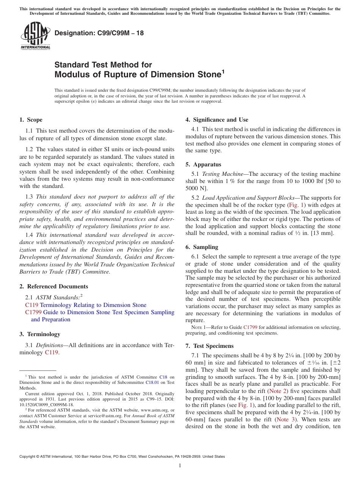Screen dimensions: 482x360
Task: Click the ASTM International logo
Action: (35, 36)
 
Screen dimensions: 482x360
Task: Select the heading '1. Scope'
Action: (31, 120)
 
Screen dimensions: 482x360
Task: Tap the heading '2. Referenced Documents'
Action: (53, 286)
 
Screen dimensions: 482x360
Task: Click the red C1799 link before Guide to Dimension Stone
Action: (33, 312)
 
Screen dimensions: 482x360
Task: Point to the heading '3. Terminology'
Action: (40, 334)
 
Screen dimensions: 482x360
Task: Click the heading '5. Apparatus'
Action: (203, 164)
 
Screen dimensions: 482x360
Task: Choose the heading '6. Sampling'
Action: (202, 247)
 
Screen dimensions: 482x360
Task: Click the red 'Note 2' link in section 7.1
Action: (278, 391)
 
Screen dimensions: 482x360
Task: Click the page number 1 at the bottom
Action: (180, 466)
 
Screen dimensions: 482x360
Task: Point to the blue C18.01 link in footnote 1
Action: (152, 383)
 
